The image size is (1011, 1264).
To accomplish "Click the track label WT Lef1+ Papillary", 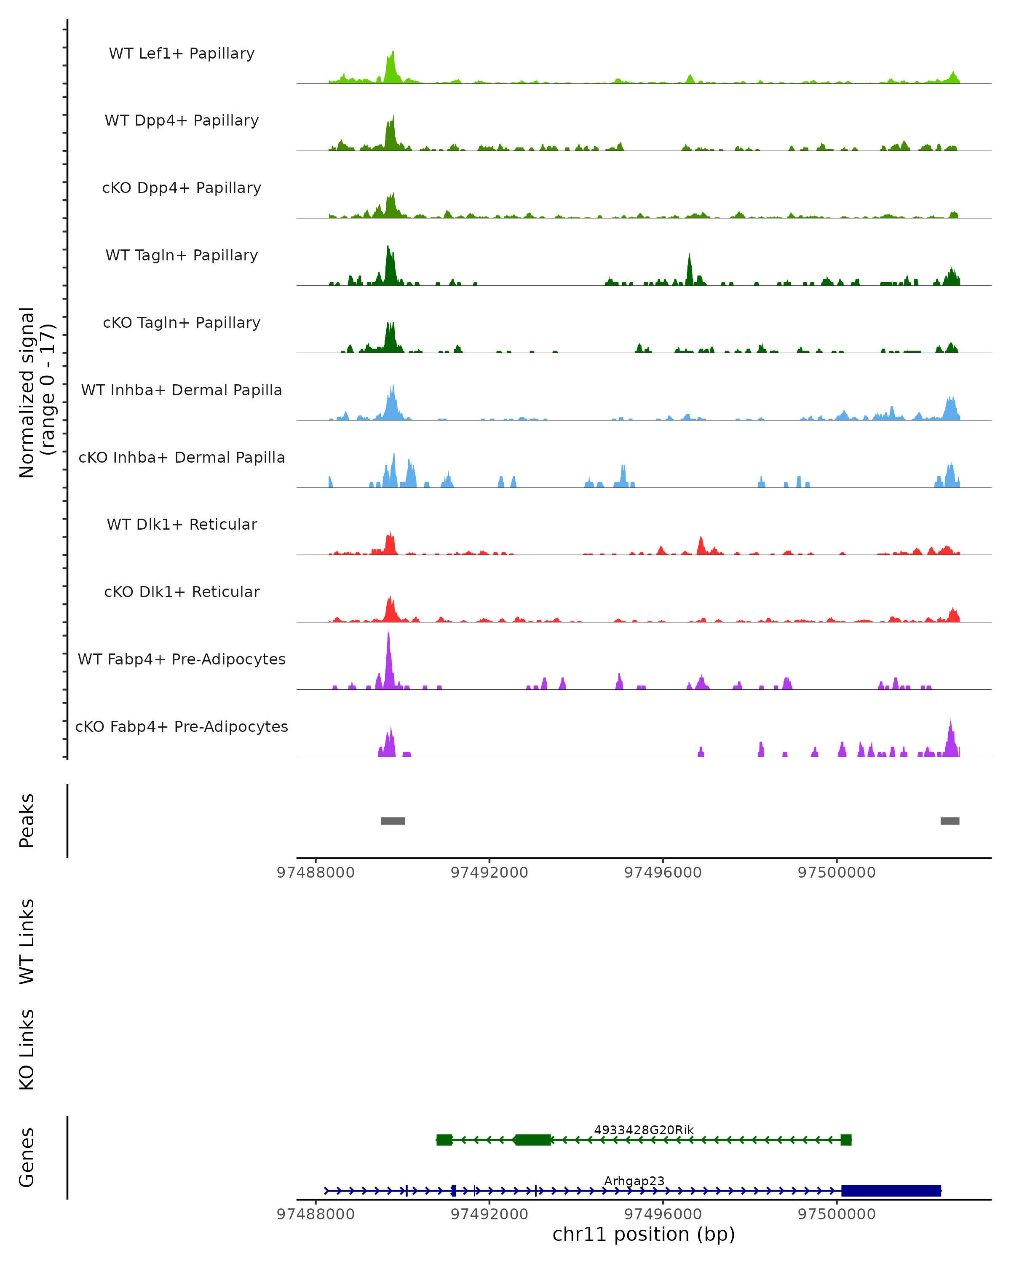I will pos(182,54).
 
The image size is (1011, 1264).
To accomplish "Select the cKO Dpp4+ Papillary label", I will pos(182,188).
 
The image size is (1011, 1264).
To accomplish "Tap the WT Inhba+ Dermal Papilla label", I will pos(182,391).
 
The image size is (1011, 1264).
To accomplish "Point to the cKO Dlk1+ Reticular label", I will pos(182,592).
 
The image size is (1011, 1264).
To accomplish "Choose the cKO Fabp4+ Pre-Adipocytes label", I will pos(182,727).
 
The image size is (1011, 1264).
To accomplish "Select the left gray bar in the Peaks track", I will pos(393,821).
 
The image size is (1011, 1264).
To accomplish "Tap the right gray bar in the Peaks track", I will pos(950,821).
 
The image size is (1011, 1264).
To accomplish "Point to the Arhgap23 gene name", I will pos(634,1181).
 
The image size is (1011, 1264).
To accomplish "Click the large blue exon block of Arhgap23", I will pos(891,1191).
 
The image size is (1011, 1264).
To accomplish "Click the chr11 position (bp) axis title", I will pos(644,1235).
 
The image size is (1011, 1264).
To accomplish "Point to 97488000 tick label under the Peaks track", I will pos(316,873).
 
